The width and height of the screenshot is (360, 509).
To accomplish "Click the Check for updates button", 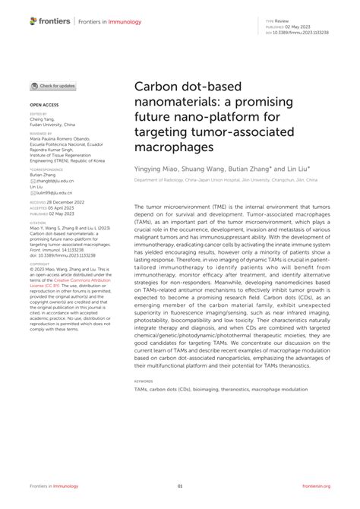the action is point(53,86).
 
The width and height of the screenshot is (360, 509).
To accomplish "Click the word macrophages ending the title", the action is point(172,147).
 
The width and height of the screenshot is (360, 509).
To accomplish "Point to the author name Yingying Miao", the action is point(158,170).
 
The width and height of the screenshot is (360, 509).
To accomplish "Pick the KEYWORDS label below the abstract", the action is point(144,381).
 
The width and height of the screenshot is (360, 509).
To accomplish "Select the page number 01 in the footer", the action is point(180,486).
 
